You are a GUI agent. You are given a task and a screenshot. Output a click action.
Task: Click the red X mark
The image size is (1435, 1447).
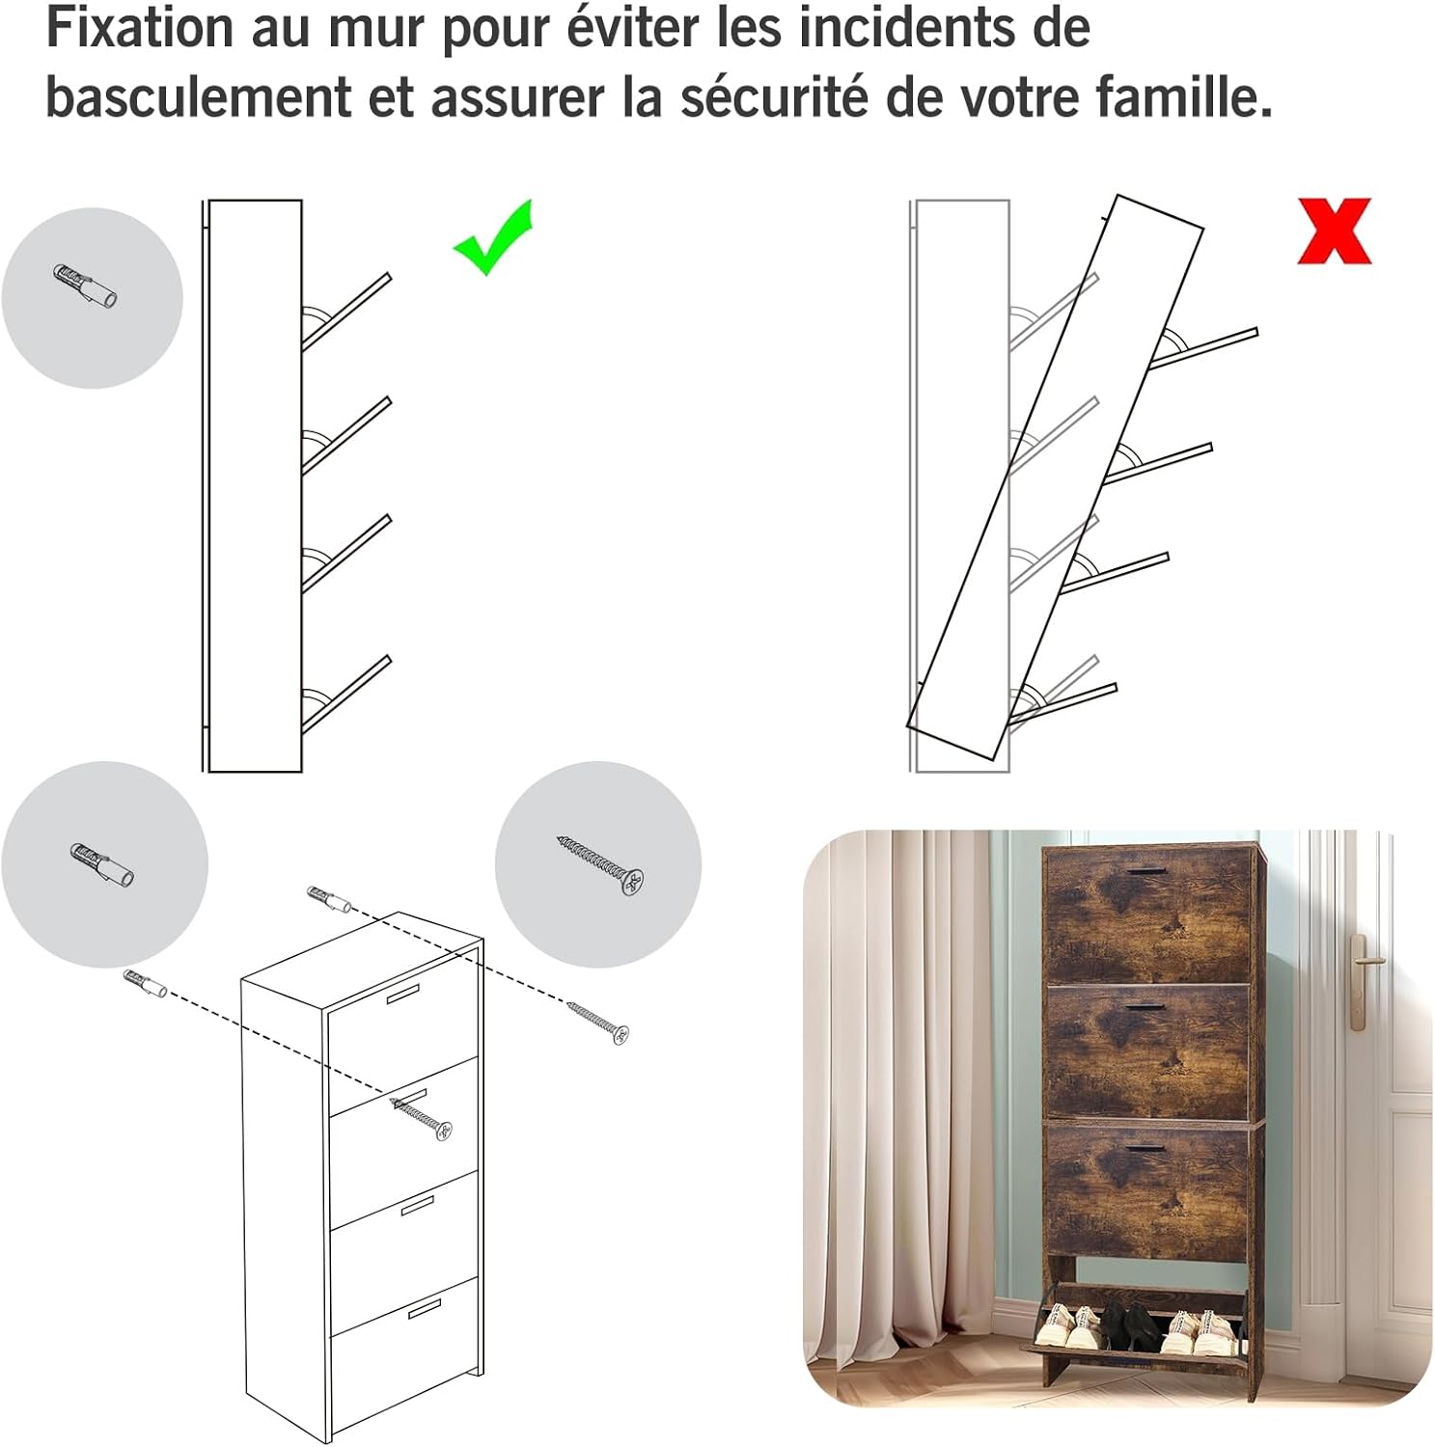[1335, 231]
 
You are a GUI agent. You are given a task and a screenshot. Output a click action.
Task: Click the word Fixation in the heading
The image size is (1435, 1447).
[141, 28]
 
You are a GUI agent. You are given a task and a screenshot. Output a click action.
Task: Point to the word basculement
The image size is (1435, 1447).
[199, 96]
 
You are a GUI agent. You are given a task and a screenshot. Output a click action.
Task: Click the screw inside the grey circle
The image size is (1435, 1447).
[600, 865]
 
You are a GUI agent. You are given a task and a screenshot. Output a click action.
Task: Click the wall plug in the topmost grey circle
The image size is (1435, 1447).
[86, 286]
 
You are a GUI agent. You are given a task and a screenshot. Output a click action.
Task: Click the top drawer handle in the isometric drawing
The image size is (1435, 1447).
[404, 995]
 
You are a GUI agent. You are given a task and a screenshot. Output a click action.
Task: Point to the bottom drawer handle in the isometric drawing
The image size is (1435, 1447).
[424, 1308]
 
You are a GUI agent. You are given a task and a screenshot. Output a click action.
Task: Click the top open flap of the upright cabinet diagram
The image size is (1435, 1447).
[346, 312]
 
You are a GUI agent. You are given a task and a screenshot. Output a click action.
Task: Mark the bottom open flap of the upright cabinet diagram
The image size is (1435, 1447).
[346, 695]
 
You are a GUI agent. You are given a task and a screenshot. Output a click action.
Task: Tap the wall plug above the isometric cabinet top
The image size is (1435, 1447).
[329, 898]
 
